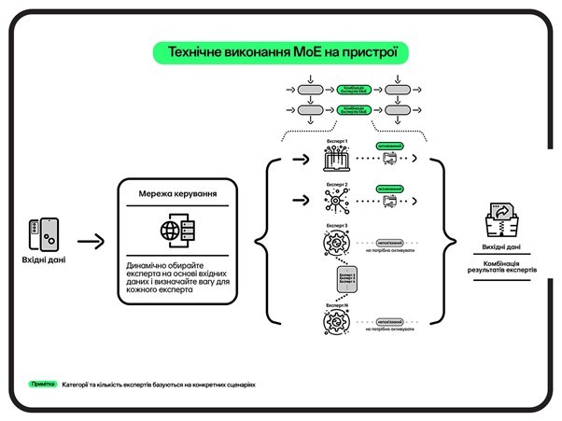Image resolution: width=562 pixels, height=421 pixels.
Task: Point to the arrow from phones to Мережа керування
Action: (91, 243)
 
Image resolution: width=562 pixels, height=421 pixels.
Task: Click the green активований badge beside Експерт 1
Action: (389, 147)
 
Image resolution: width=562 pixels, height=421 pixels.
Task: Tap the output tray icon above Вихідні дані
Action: (502, 221)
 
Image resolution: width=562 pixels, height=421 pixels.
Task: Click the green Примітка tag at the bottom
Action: (42, 384)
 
